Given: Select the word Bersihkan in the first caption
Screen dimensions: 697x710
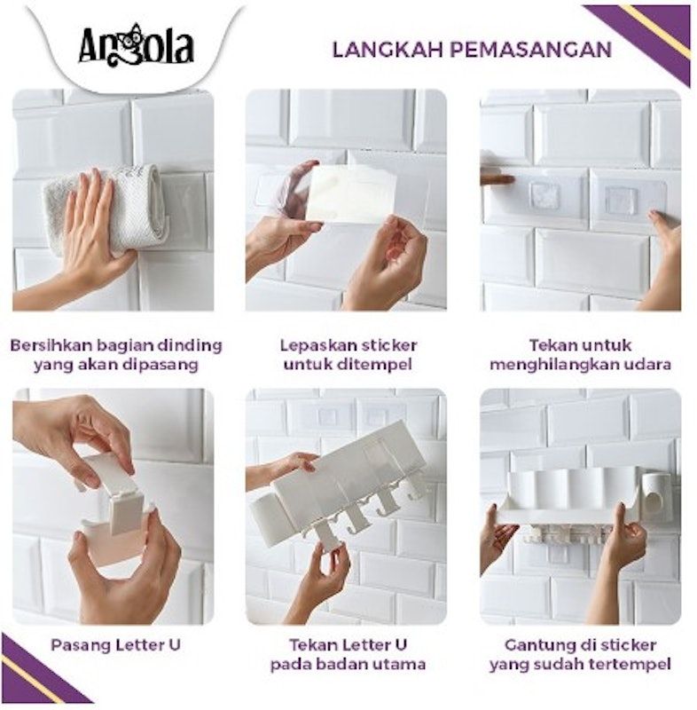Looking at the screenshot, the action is tap(50, 345).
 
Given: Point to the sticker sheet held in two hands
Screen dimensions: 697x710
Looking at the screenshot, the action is tap(349, 193).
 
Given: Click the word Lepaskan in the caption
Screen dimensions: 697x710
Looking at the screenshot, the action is tap(313, 345).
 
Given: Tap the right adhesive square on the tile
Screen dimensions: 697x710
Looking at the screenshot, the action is tap(622, 197).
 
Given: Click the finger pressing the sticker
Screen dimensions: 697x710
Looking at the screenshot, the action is tap(497, 179).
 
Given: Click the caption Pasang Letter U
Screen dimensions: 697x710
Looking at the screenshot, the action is tap(115, 645).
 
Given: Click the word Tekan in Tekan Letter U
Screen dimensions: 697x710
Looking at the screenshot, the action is tap(313, 644).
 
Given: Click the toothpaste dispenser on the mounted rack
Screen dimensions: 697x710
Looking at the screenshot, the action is tap(654, 493).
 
